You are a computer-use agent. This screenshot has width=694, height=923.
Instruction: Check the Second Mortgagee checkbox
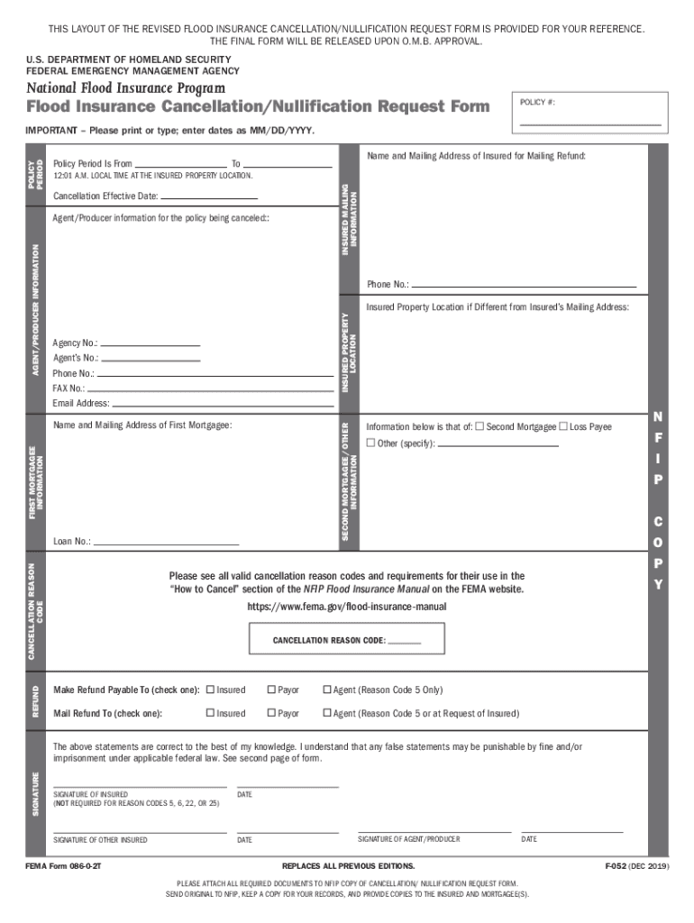coord(479,426)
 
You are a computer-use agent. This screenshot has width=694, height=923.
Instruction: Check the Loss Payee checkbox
coord(563,426)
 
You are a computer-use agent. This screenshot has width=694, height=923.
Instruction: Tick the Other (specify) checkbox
coord(370,443)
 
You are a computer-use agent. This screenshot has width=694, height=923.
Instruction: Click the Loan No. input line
coord(166,542)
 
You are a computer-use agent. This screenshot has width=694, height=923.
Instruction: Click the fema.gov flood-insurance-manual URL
coord(346,607)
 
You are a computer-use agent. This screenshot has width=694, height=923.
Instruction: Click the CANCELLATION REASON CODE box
coord(347,640)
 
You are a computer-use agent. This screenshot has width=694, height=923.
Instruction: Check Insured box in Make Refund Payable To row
coord(210,690)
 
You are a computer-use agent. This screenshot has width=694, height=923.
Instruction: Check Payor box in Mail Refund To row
coord(271,713)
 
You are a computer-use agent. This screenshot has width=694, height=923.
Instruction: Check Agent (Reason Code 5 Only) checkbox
coord(327,690)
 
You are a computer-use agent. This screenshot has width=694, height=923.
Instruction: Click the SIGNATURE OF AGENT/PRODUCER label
coord(408,839)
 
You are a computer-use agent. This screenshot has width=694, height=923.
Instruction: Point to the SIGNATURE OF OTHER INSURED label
coord(100,840)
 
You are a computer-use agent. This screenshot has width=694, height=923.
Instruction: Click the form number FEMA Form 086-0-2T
coord(68,866)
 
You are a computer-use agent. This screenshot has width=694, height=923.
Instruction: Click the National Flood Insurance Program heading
coord(125,87)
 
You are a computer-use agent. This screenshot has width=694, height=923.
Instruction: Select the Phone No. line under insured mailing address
coord(524,285)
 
